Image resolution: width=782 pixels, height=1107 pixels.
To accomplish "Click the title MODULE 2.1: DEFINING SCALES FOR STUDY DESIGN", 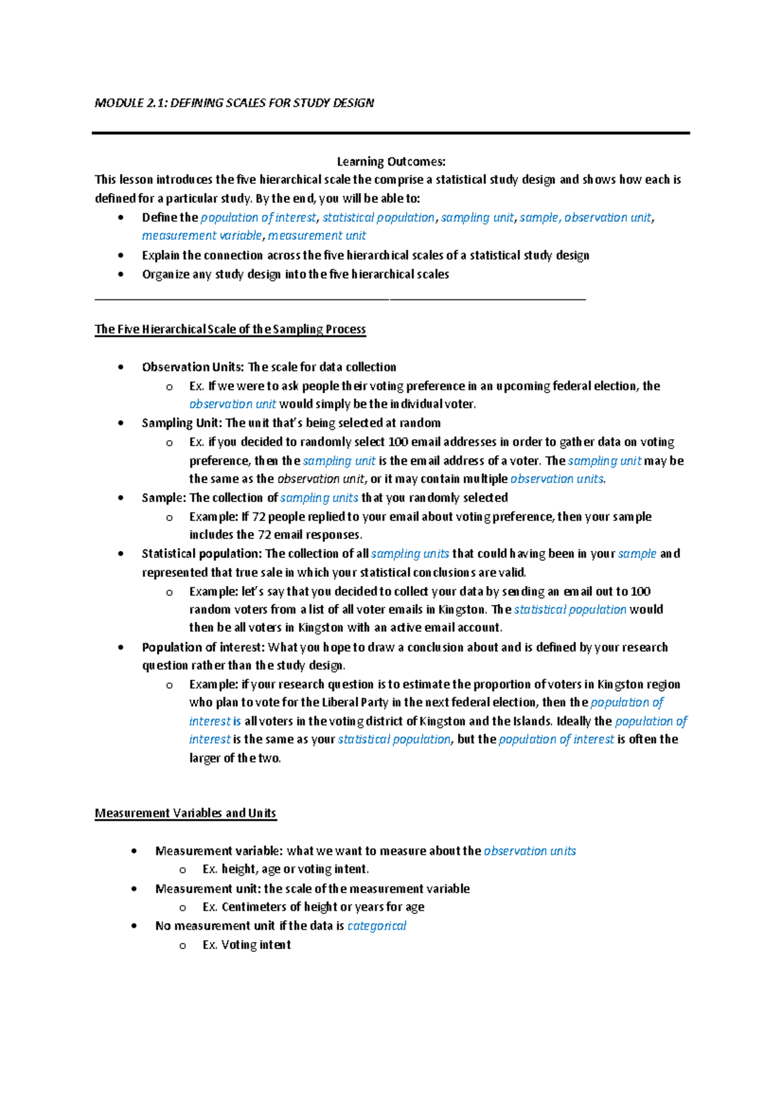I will click(234, 103).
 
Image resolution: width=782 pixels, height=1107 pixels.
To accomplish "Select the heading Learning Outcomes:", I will click(391, 162).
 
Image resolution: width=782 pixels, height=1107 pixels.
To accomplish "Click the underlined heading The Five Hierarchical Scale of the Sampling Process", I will click(230, 329).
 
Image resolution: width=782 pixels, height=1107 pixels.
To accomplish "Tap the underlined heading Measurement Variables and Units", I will click(185, 813).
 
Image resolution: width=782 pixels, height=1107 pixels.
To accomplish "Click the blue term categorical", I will click(377, 926).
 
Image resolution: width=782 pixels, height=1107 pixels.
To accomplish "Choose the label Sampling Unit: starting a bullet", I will click(182, 423).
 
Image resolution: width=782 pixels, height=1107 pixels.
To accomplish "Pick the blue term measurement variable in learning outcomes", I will click(202, 235).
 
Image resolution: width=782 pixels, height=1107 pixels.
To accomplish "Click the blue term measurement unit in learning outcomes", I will click(317, 235).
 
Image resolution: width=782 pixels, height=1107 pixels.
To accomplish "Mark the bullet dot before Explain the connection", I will click(121, 256).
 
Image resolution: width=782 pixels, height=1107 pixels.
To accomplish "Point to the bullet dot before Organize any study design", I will click(121, 274).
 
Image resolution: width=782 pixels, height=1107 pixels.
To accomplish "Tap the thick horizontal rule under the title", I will click(391, 133).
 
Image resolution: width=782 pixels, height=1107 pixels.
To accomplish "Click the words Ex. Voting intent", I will click(246, 945).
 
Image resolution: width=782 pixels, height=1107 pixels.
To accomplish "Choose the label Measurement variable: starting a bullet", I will click(219, 851).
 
